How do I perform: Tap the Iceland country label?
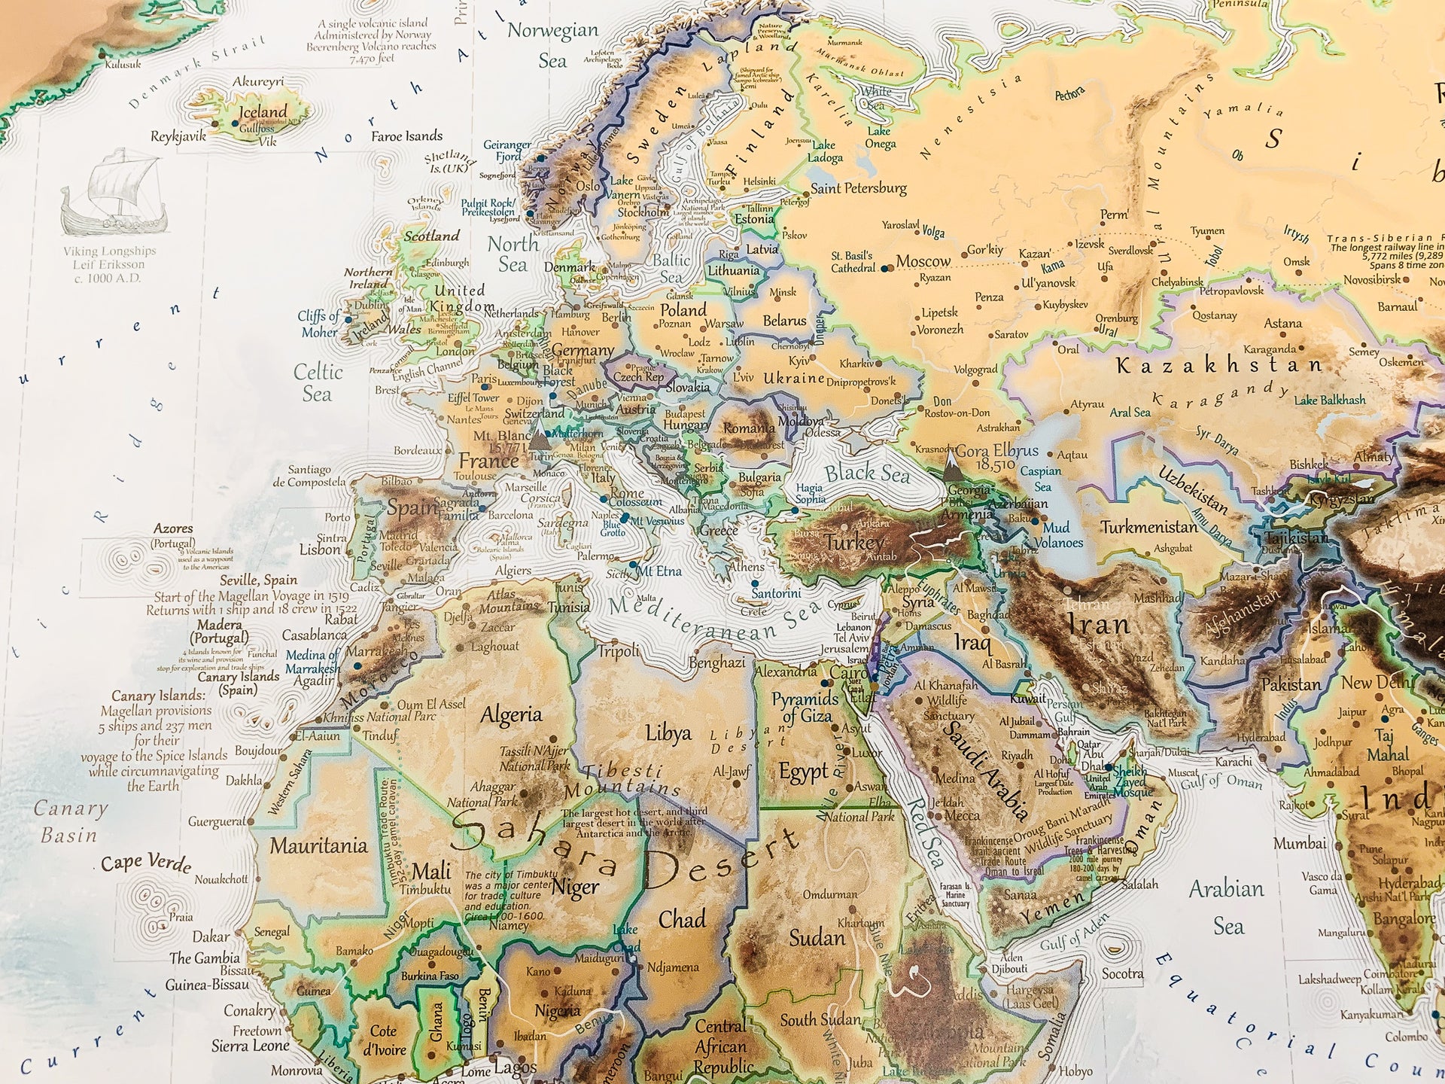coord(263,112)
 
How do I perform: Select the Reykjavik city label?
coord(178,137)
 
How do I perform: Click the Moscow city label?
coord(923,261)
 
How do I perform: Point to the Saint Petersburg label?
coord(858,188)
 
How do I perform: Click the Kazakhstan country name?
coord(1218,366)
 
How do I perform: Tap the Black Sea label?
coord(867,473)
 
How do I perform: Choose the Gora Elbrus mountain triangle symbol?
coord(952,466)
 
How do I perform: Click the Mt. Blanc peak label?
coord(502,436)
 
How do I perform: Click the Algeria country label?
coord(511,714)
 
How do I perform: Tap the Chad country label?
coord(682,919)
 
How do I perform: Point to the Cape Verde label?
coord(147,863)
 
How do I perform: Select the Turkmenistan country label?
coord(1148,527)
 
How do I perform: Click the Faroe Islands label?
coord(406,136)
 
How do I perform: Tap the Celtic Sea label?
coord(318,382)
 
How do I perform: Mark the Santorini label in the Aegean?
coord(776,593)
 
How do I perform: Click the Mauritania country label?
coord(318,846)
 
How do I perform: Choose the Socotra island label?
coord(1122,973)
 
